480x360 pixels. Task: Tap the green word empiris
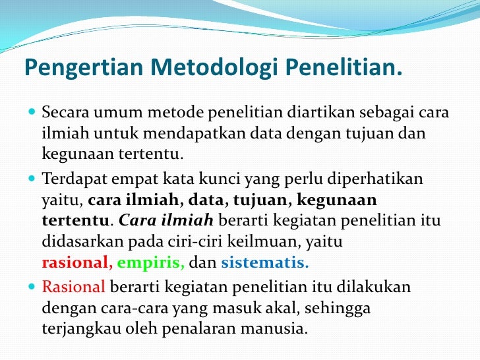click(151, 263)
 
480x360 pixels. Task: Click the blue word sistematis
click(264, 263)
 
